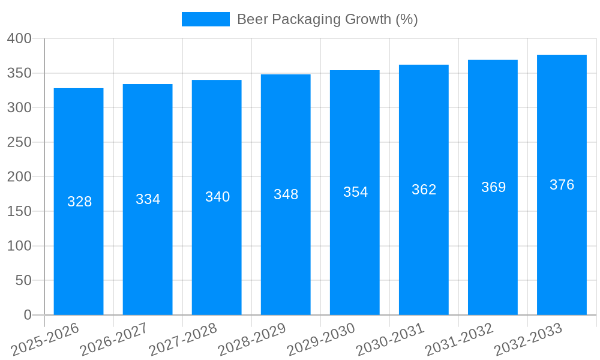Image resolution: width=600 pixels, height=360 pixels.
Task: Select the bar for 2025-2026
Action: (79, 258)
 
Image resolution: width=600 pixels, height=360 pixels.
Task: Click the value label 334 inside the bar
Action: (148, 199)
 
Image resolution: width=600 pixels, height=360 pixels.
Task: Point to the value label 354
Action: (355, 192)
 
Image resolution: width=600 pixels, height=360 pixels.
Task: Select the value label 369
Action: (493, 187)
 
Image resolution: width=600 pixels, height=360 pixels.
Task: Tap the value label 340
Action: (217, 197)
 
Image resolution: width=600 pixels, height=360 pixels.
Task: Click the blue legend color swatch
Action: (205, 19)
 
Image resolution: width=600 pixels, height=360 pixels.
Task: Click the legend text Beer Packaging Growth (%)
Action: (327, 19)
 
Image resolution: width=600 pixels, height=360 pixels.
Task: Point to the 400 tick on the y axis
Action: (19, 39)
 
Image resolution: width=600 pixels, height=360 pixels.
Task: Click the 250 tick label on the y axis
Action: (19, 142)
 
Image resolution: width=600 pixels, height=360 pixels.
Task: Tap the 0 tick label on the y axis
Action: (27, 315)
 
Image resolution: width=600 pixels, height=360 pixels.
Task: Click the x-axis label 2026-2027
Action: (114, 340)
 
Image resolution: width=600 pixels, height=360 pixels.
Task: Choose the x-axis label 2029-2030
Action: (321, 340)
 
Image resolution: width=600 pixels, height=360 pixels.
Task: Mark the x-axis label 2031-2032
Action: (459, 340)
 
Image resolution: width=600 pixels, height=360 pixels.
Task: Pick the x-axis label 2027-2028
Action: (183, 340)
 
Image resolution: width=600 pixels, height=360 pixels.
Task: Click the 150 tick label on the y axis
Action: (19, 211)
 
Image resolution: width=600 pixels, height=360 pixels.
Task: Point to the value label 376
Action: (562, 185)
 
